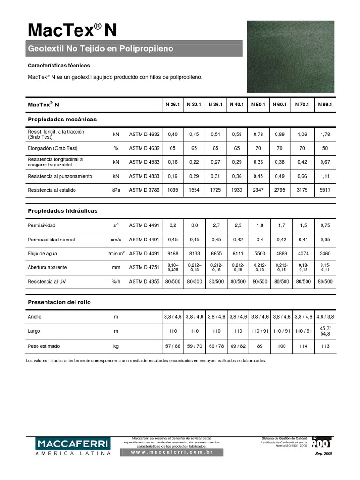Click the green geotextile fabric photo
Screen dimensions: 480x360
tap(297, 56)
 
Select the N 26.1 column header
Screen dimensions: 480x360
tap(172, 104)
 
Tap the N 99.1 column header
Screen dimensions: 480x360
tap(325, 104)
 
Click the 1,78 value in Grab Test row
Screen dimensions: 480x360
tap(325, 135)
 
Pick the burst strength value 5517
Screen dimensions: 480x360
tap(325, 190)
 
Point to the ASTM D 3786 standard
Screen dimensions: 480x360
tap(144, 190)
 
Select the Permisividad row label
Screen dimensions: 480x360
tap(42, 225)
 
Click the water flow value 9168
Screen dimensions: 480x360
tap(172, 253)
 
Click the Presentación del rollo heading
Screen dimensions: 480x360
tap(59, 302)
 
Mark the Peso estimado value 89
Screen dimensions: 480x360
tap(260, 346)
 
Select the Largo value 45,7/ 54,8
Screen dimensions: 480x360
tap(325, 331)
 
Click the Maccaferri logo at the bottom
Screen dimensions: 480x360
tap(73, 446)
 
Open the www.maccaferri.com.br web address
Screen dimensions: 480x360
tap(172, 452)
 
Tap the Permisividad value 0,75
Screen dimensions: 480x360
tap(325, 225)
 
